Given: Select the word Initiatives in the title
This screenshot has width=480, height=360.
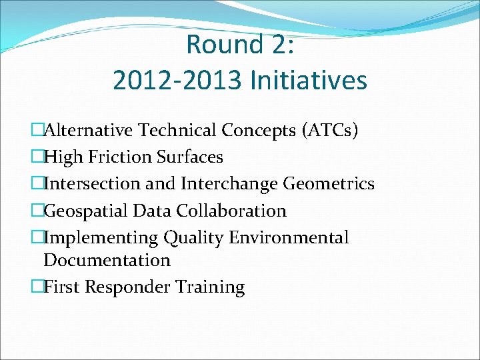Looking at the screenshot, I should click(x=308, y=81).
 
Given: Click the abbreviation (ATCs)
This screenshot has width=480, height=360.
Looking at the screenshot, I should click(x=331, y=130).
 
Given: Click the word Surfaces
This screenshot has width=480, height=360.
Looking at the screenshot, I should click(x=190, y=157).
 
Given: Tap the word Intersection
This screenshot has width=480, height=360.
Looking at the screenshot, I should click(x=85, y=183).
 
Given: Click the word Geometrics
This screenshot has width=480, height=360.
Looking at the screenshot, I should click(x=329, y=183).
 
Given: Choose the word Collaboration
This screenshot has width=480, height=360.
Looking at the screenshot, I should click(x=231, y=211).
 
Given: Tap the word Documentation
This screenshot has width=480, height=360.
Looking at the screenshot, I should click(x=107, y=260).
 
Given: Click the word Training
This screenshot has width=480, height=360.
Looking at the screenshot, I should click(x=211, y=287).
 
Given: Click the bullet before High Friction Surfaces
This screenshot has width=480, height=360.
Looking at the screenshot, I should click(x=37, y=157).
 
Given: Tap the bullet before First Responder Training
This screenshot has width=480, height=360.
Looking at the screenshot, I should click(x=37, y=288).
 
